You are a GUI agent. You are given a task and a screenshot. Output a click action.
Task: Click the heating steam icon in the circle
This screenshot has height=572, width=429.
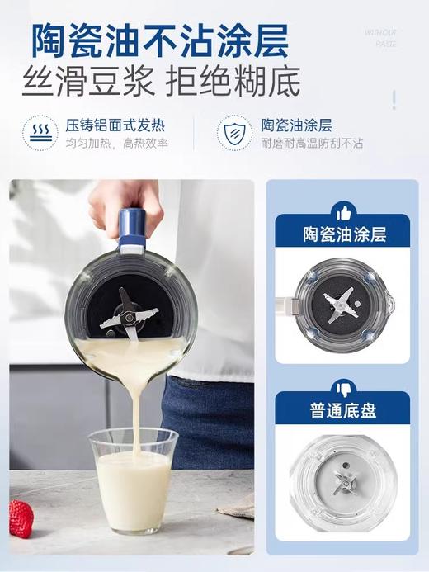(40, 134)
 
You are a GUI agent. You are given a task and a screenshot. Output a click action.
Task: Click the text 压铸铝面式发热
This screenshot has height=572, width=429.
(115, 126)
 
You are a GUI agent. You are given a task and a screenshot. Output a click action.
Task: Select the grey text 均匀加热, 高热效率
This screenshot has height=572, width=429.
(116, 144)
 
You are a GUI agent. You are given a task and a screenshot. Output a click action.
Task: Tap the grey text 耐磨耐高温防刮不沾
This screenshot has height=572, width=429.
(312, 144)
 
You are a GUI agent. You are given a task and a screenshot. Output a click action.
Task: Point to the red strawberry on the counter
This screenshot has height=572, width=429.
(21, 518)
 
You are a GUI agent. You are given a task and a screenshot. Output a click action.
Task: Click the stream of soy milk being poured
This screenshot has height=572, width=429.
(134, 404)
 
